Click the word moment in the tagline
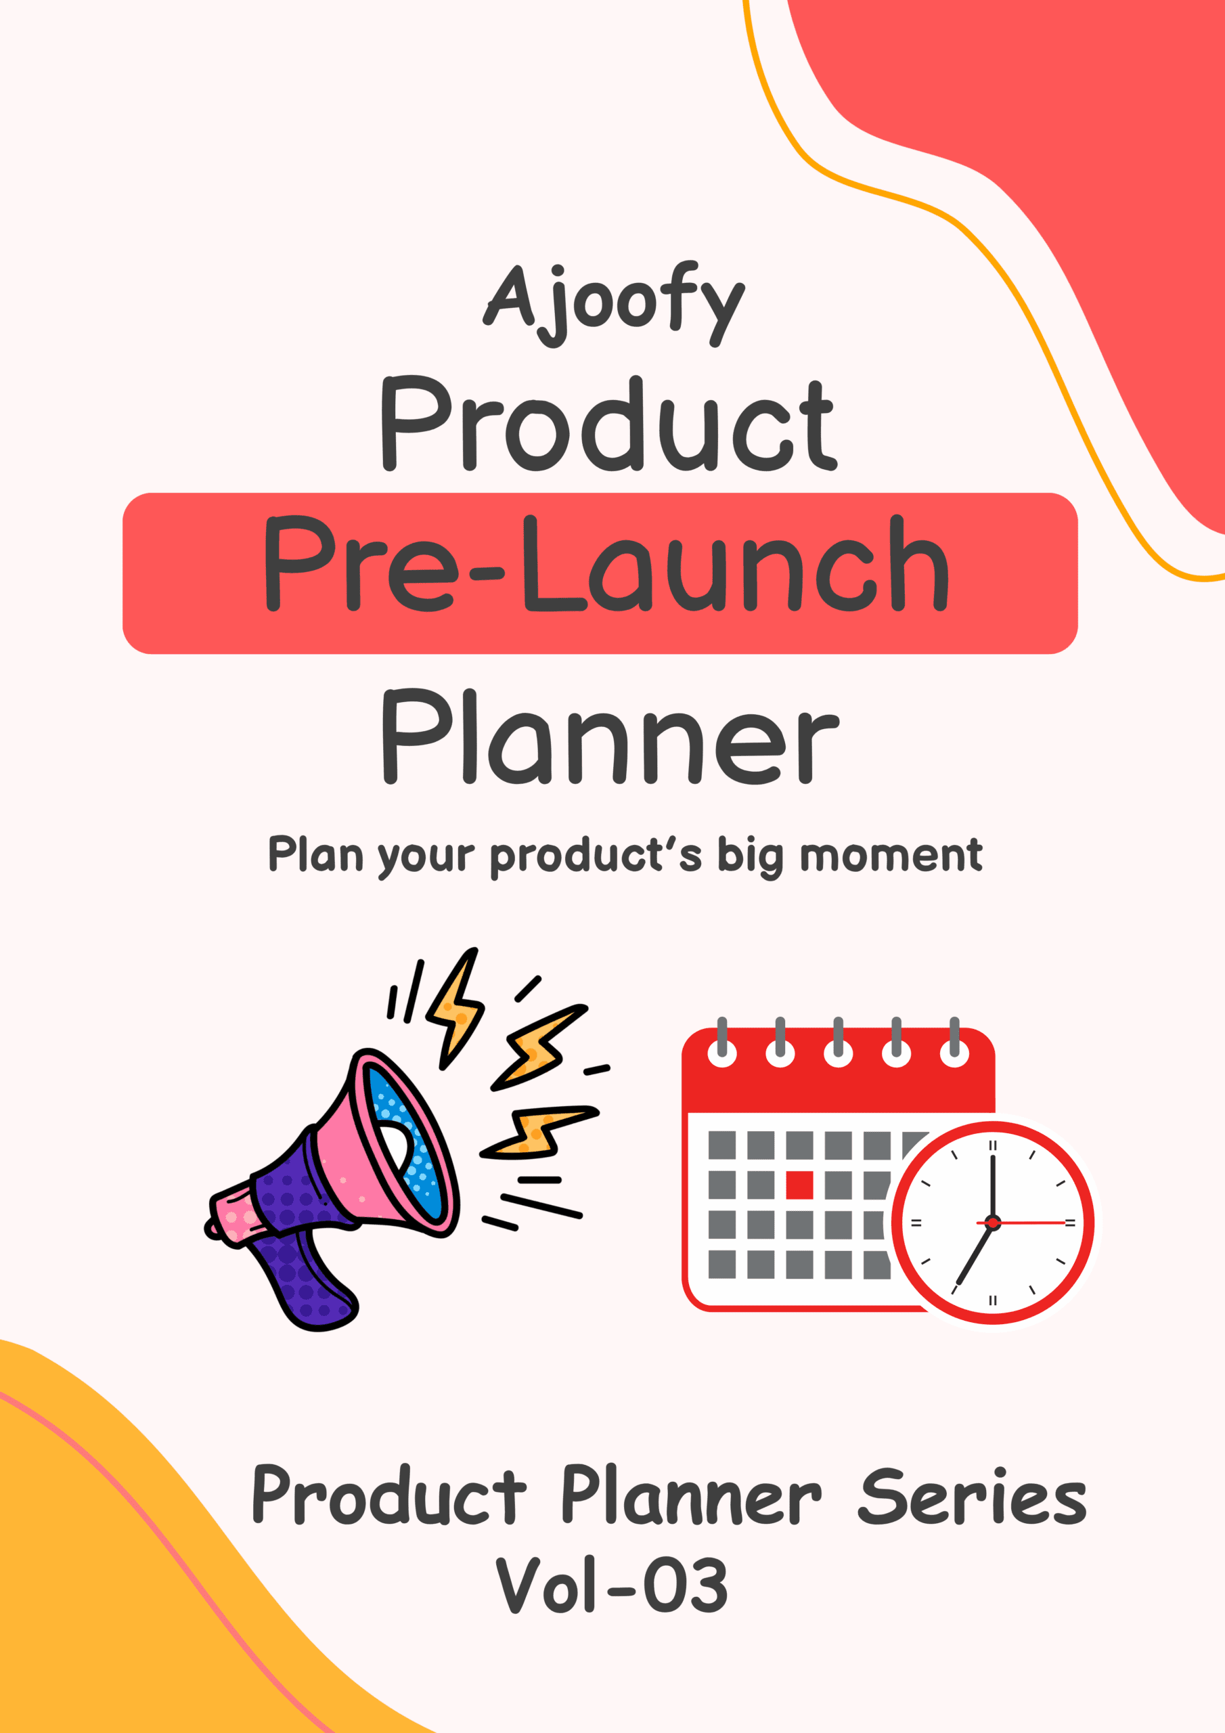coord(891,856)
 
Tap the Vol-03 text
coord(611,1584)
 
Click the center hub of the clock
coord(993,1222)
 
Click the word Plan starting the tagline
coord(315,854)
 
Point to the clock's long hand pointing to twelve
coord(993,1187)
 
